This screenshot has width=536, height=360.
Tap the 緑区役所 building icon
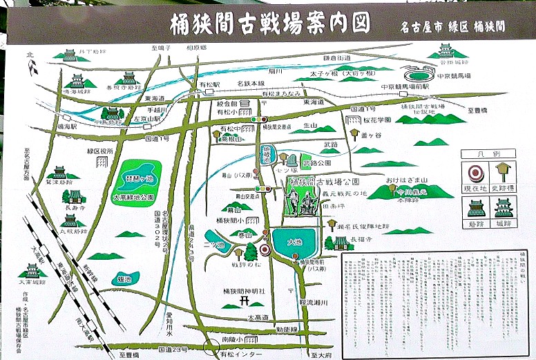pos(102,161)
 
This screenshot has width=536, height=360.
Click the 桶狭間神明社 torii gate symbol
pos(243,301)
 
